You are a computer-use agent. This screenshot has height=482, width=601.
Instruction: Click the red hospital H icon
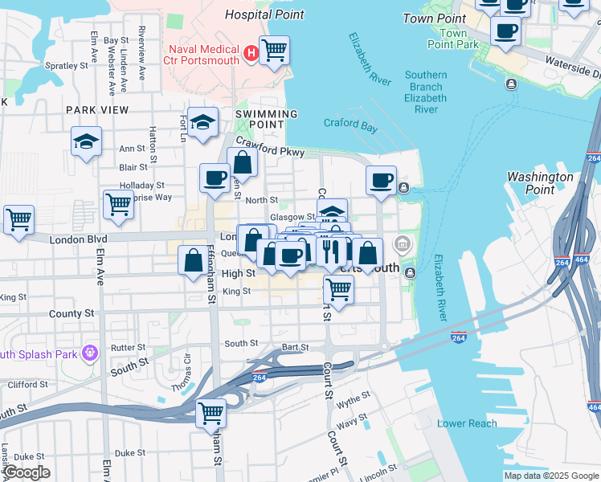pyautogui.click(x=251, y=54)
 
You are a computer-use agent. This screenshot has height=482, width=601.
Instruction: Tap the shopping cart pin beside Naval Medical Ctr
pyautogui.click(x=274, y=50)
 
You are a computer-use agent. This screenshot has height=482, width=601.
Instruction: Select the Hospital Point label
pyautogui.click(x=264, y=14)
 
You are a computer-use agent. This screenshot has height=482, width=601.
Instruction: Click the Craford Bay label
pyautogui.click(x=350, y=124)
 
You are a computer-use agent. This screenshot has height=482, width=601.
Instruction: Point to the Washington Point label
pyautogui.click(x=540, y=183)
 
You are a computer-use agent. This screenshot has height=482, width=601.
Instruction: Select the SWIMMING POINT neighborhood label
pyautogui.click(x=260, y=119)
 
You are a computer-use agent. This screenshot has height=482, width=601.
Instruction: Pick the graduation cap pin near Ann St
pyautogui.click(x=86, y=142)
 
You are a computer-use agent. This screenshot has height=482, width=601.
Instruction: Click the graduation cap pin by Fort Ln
pyautogui.click(x=203, y=122)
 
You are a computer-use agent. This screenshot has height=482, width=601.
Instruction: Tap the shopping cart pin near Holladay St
pyautogui.click(x=118, y=204)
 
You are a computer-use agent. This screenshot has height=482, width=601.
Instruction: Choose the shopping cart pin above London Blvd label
pyautogui.click(x=18, y=219)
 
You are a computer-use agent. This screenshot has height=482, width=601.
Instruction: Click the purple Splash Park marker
pyautogui.click(x=89, y=352)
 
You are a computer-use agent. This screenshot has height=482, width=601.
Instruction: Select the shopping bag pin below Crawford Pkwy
pyautogui.click(x=242, y=162)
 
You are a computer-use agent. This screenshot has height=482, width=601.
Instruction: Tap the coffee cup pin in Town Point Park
pyautogui.click(x=505, y=31)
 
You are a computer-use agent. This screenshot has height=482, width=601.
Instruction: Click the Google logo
pyautogui.click(x=26, y=473)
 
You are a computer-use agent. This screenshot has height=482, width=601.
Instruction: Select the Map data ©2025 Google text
pyautogui.click(x=550, y=476)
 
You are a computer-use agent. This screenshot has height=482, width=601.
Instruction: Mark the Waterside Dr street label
pyautogui.click(x=572, y=63)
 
